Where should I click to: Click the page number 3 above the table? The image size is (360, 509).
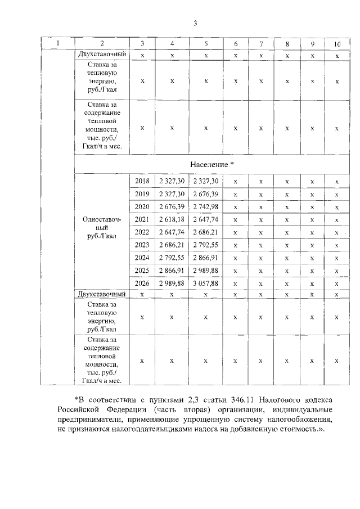pos(195,23)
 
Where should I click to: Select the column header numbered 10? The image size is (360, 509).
pos(337,44)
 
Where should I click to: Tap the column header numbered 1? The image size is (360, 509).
pos(58,44)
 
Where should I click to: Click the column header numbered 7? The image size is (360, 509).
pos(261,44)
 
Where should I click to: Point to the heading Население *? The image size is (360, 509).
pos(211,164)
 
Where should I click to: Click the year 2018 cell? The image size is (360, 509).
pos(142,181)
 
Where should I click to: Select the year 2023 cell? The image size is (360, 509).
pos(142,245)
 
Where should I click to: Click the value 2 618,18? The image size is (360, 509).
pos(172,219)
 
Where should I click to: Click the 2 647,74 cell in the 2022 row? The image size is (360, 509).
pos(172,232)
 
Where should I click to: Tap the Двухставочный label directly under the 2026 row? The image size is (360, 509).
pos(102,294)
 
